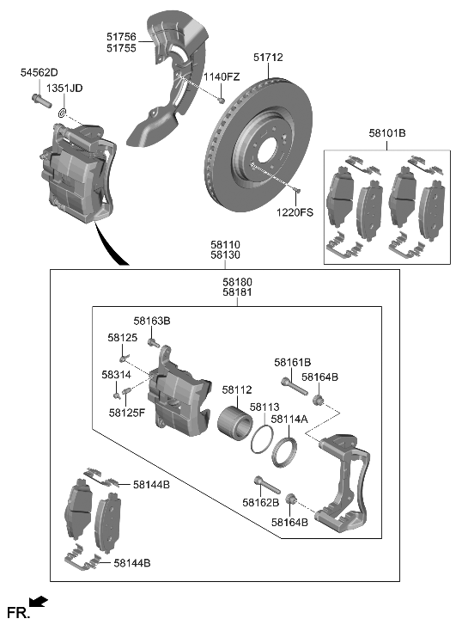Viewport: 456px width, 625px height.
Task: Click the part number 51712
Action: click(x=268, y=58)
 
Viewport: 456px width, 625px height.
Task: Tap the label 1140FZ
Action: click(x=222, y=77)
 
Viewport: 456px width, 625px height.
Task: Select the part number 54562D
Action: click(x=39, y=74)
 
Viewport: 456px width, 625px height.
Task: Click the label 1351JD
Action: click(x=64, y=89)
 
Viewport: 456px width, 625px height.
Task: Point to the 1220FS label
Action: click(x=295, y=211)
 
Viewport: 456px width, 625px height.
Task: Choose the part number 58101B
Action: click(x=386, y=134)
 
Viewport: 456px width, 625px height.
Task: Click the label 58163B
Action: click(x=152, y=321)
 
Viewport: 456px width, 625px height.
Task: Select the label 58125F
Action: click(x=129, y=413)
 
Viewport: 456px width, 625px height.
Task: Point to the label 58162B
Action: click(x=260, y=502)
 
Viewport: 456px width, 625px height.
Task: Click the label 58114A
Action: click(x=289, y=420)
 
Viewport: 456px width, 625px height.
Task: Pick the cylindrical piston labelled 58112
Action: click(x=236, y=422)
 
